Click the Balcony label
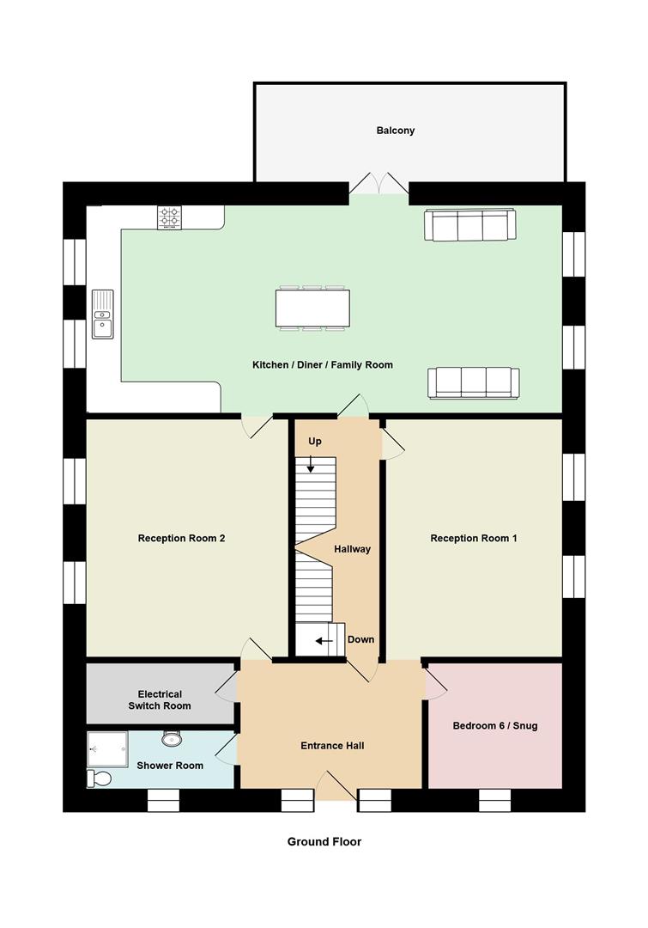click(x=395, y=131)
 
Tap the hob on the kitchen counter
click(x=169, y=217)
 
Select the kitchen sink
click(x=103, y=314)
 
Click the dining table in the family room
click(x=312, y=308)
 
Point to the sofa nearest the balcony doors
click(x=469, y=225)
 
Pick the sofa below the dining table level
click(x=473, y=382)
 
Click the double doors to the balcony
click(x=379, y=185)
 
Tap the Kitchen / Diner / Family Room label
click(x=322, y=365)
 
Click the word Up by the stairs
click(x=315, y=441)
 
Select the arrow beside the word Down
click(x=324, y=640)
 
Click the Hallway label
click(x=352, y=549)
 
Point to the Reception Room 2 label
click(x=181, y=539)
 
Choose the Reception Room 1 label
click(x=474, y=539)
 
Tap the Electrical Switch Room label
click(x=160, y=699)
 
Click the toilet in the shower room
click(x=99, y=778)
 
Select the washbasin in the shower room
click(x=172, y=738)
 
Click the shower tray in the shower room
click(x=108, y=748)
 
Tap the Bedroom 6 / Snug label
click(x=495, y=725)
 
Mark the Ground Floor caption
click(x=324, y=842)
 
